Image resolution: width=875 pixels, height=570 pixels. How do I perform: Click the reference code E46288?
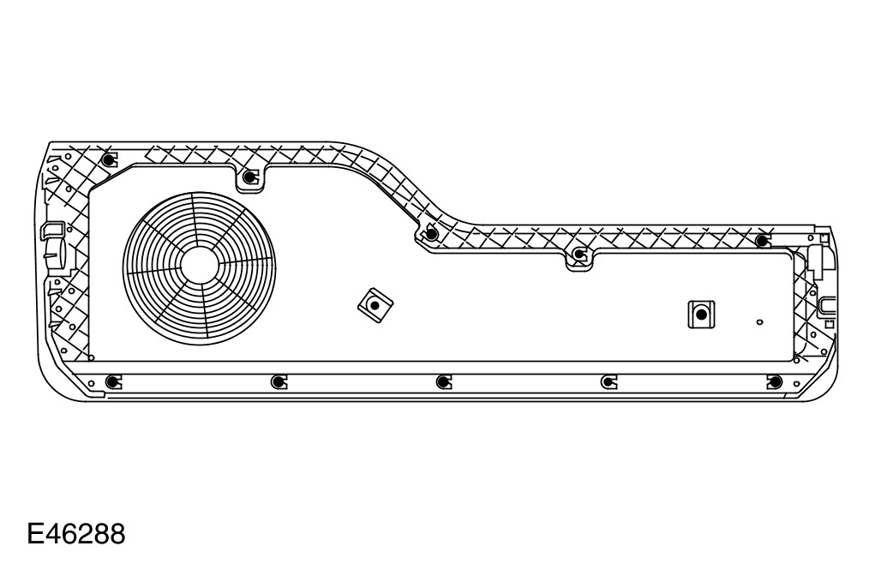[x=76, y=534]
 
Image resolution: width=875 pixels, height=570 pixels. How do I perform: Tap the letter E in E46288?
[x=36, y=534]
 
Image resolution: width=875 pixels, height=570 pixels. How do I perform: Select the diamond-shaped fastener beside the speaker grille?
[x=375, y=303]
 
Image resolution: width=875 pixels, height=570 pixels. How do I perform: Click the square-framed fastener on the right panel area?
[x=701, y=315]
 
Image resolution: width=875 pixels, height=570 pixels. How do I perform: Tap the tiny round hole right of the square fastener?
[x=759, y=322]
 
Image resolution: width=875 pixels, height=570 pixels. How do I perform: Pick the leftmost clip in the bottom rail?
[x=111, y=381]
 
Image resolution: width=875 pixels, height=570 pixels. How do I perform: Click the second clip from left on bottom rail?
[x=277, y=381]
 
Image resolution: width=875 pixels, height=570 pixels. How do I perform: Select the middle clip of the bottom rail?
[x=442, y=381]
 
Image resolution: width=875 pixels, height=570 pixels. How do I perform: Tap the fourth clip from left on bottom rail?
[x=608, y=381]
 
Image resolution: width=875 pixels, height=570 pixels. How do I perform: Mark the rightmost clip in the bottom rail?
[x=774, y=381]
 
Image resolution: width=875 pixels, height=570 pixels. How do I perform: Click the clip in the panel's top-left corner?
[x=107, y=160]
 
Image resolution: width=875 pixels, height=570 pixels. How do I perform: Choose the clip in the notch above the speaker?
[x=249, y=177]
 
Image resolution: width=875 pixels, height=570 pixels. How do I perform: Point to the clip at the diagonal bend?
[x=431, y=233]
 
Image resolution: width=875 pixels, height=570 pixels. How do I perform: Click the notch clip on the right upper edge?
[x=579, y=254]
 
